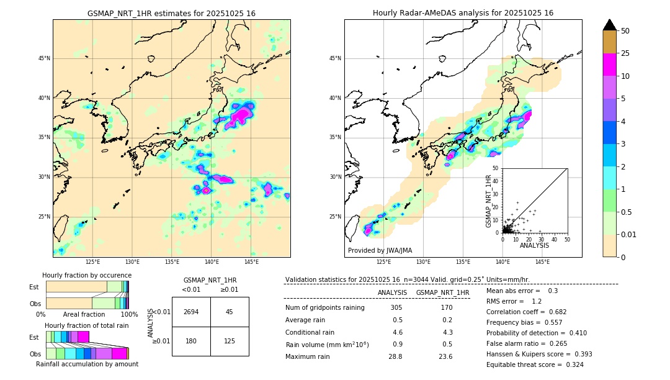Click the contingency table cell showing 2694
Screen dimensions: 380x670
(190, 312)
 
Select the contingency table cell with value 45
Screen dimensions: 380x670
(229, 312)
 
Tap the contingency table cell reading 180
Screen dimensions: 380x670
(190, 341)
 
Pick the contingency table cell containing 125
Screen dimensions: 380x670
(229, 341)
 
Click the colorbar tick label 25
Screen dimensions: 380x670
(625, 53)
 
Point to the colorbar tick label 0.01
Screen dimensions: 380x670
(629, 234)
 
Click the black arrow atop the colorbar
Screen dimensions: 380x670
(610, 25)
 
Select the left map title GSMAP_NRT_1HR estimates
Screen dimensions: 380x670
(171, 13)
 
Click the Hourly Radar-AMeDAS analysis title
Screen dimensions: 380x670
(463, 13)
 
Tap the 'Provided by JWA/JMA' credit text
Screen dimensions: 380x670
(380, 250)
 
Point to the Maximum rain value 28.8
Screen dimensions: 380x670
(395, 356)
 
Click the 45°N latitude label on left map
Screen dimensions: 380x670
(43, 58)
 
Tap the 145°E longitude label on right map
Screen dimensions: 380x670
(542, 262)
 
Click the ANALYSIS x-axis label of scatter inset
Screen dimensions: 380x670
(534, 245)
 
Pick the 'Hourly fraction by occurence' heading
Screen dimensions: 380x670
(87, 275)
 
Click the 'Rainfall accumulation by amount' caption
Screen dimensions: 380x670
(87, 364)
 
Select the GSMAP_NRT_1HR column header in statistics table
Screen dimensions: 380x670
(442, 292)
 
